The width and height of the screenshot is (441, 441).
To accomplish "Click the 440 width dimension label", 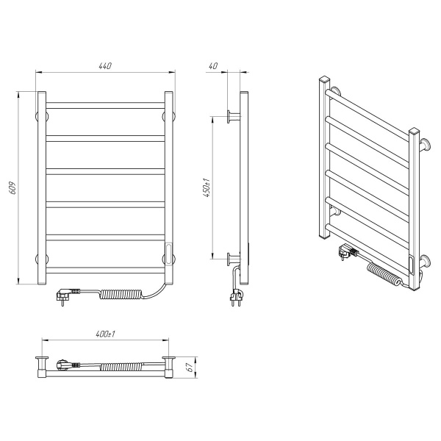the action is click(105, 66).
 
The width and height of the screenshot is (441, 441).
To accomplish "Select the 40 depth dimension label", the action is click(213, 66).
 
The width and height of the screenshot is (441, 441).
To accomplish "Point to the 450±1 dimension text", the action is click(207, 187).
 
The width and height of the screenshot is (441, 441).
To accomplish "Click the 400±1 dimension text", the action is click(105, 334).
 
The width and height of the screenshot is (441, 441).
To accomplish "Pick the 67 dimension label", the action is click(190, 367).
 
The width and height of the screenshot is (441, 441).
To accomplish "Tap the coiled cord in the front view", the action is click(121, 295).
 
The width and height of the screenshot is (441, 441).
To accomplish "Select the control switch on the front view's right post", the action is click(168, 254).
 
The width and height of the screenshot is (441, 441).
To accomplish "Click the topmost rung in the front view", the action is click(105, 105).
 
